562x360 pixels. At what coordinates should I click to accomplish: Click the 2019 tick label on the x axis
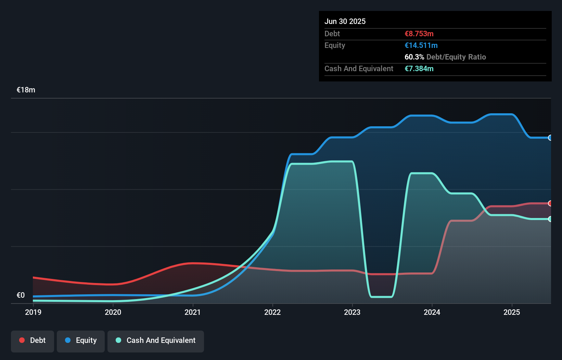tap(33, 312)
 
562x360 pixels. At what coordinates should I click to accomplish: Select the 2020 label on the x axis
tap(113, 312)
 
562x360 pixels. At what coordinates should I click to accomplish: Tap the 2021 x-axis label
tap(193, 312)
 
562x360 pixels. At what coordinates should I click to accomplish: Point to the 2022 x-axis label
tap(272, 312)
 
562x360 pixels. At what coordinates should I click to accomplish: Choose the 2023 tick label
tap(352, 312)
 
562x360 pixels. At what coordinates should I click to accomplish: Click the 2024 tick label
tap(432, 312)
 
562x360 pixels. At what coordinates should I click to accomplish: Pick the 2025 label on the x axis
tap(512, 312)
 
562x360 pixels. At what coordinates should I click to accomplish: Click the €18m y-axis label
tap(26, 90)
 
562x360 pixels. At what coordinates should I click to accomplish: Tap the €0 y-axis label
tap(21, 295)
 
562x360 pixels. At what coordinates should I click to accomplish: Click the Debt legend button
tap(33, 340)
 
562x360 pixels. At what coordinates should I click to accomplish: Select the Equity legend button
tap(81, 340)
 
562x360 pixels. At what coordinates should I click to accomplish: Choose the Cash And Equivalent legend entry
tap(156, 340)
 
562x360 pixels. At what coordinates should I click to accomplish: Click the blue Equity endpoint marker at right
tap(550, 138)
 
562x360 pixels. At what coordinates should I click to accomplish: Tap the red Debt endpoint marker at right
tap(550, 203)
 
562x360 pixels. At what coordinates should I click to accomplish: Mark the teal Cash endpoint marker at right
tap(550, 219)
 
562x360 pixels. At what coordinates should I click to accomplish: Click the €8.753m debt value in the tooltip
tap(419, 34)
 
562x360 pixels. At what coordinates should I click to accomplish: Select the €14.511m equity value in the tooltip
tap(421, 46)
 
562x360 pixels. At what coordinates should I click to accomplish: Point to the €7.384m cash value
tap(419, 69)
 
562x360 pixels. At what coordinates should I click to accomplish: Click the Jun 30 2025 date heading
tap(345, 22)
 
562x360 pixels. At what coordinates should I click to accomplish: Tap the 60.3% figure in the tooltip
tap(414, 57)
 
